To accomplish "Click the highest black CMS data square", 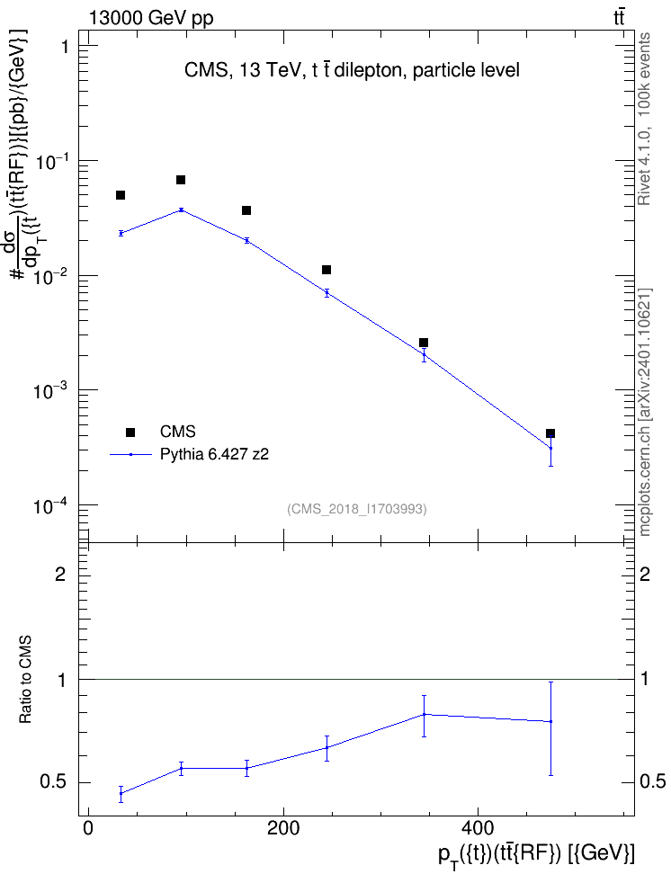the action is pos(181,180).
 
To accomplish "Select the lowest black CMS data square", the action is pos(550,433).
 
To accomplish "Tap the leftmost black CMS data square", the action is pos(120,194).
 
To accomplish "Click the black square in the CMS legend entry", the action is pos(130,432).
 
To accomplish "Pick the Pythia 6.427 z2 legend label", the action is pos(214,455).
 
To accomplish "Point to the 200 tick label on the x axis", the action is pos(282,828).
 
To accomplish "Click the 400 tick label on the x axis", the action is pos(478,828).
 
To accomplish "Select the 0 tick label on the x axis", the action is pos(88,828).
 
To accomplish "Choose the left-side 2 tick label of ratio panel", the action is pos(60,574).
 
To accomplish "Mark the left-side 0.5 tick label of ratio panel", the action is pos(54,782).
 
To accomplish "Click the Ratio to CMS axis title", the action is pos(25,679).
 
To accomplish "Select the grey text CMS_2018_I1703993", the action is pos(357,509).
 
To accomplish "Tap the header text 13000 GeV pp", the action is pos(150,18).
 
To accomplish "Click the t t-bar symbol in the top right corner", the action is pos(619,18).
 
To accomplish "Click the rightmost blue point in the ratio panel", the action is pos(550,721).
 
